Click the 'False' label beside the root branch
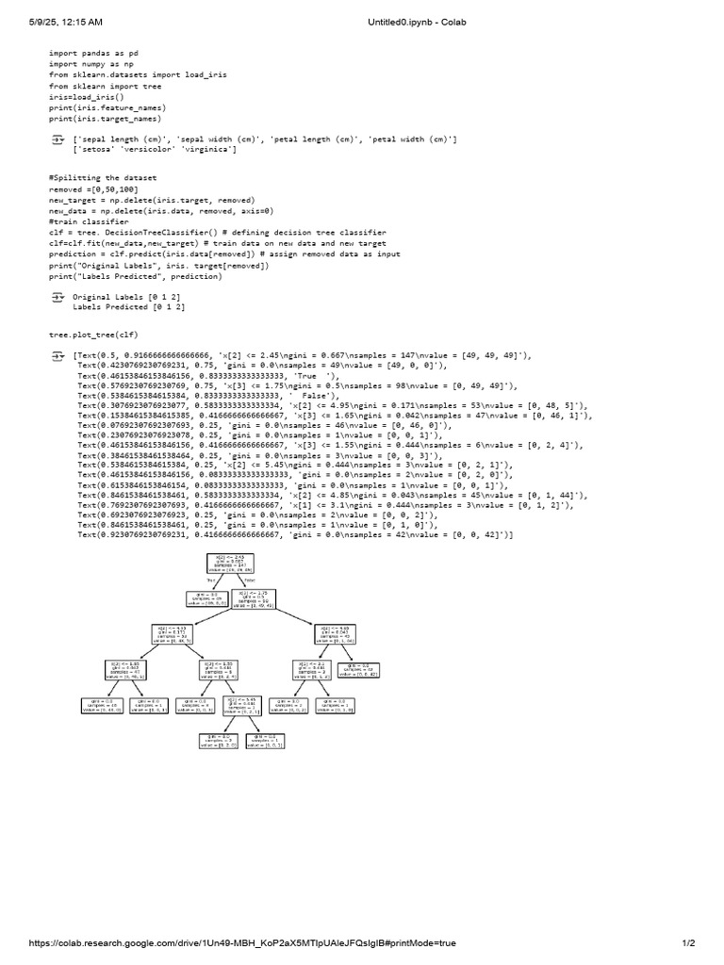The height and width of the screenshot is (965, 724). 249,581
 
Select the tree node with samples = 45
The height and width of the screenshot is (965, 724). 337,633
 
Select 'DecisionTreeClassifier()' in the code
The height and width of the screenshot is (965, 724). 157,232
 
